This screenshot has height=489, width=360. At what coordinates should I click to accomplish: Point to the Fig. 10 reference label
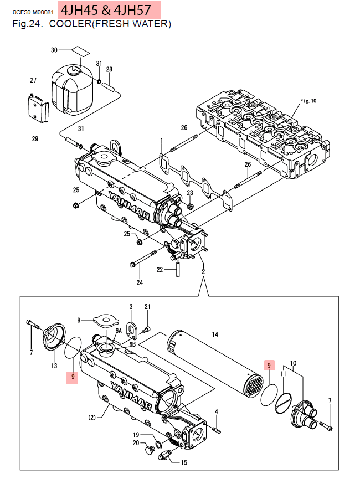[307, 101]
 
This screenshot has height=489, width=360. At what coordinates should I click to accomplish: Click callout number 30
[54, 50]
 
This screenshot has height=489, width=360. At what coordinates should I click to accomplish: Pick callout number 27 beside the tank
[33, 80]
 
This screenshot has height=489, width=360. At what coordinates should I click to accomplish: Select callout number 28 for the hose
[109, 69]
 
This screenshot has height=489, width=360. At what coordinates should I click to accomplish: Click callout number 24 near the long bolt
[140, 282]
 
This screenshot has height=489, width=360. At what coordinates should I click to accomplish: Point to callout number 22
[160, 270]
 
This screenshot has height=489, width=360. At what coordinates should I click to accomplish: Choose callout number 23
[189, 193]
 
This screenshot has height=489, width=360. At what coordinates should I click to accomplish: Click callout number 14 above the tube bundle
[215, 334]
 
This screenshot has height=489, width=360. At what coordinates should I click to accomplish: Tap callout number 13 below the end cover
[54, 366]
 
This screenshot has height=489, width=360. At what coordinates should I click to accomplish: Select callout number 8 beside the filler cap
[79, 320]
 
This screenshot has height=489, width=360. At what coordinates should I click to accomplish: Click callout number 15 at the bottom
[184, 462]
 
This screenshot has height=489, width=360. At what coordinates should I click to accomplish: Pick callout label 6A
[118, 330]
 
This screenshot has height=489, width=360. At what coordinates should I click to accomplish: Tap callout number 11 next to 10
[283, 374]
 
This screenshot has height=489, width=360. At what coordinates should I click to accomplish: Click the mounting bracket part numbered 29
[37, 109]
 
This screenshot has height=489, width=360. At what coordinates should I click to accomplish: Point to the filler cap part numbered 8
[105, 320]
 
